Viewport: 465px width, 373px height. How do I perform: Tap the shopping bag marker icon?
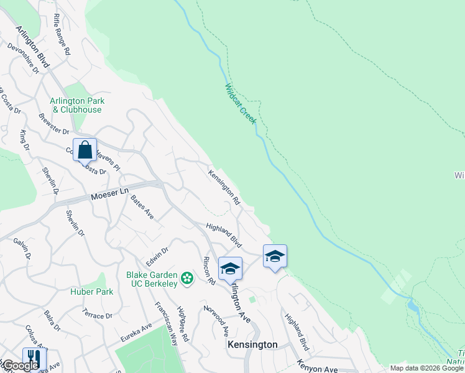[85, 150]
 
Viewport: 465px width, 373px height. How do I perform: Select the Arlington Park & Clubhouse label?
[77, 105]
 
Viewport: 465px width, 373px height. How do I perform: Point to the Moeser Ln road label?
[104, 195]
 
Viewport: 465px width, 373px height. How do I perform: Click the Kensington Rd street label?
[224, 187]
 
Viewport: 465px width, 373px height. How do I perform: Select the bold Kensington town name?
[252, 344]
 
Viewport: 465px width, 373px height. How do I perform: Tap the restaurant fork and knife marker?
[34, 359]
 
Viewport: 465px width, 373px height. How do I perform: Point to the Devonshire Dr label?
[24, 58]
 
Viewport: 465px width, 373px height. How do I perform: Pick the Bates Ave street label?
[142, 207]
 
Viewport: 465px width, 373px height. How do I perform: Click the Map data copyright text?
[426, 368]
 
